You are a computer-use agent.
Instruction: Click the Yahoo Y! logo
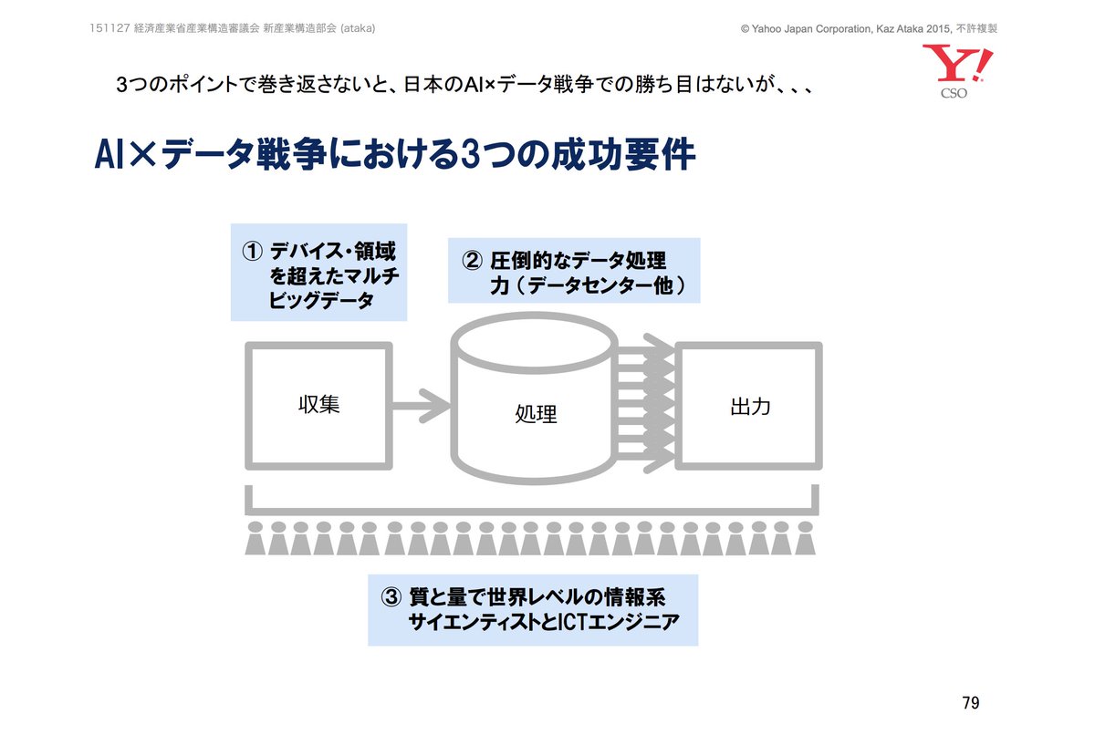956,64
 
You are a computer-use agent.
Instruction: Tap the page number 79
970,703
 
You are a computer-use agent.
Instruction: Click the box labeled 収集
318,405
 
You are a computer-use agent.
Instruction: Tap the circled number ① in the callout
252,252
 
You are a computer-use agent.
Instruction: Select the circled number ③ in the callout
391,598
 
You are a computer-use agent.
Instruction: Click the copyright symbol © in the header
746,29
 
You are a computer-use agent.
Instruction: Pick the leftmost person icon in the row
256,539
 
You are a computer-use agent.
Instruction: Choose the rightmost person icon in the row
804,539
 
